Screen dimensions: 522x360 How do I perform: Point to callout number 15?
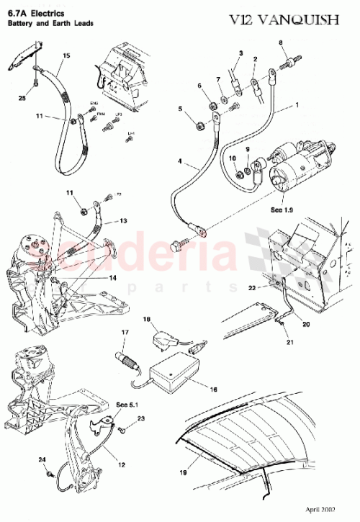[x=66, y=55]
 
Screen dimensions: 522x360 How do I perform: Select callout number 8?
[x=282, y=44]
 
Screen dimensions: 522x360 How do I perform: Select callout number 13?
[x=124, y=221]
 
